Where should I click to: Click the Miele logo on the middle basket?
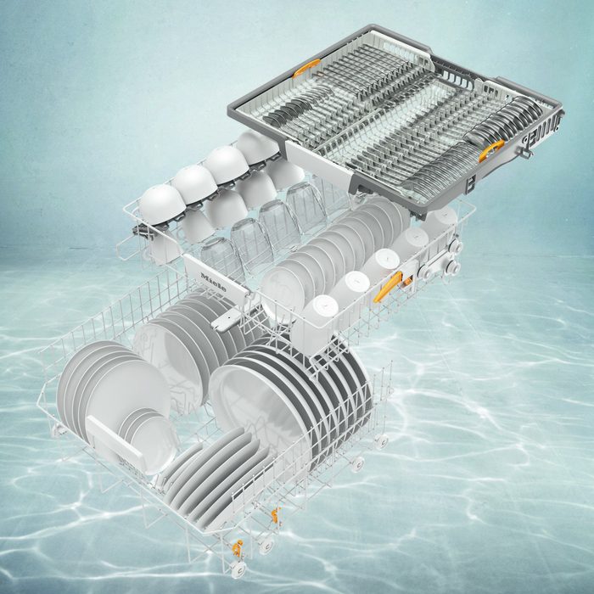[x=213, y=282]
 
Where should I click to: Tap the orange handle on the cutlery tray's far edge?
[x=306, y=68]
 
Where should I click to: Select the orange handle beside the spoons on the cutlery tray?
[x=491, y=150]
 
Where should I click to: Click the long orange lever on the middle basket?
[x=388, y=287]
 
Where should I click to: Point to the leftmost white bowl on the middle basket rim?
[x=162, y=204]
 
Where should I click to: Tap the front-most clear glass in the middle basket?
[x=219, y=258]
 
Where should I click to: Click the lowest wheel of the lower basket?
[x=238, y=569]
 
